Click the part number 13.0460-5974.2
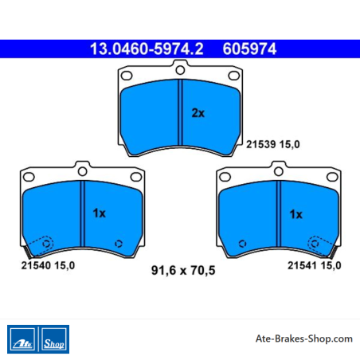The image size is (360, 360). tap(147, 49)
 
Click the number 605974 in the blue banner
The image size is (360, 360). tap(249, 49)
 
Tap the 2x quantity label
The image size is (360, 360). tap(198, 113)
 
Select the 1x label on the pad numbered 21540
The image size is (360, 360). tap(100, 213)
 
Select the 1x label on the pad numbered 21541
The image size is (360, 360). tap(296, 214)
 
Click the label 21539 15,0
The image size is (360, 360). tap(273, 144)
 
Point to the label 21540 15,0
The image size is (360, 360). tap(48, 265)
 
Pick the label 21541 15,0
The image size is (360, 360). tap(315, 265)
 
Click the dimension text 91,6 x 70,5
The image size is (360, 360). tap(183, 270)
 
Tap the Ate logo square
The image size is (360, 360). tap(22, 339)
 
